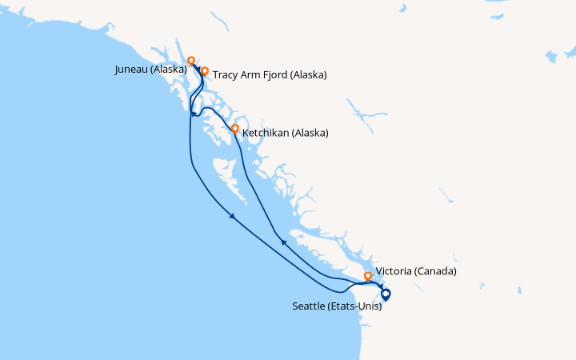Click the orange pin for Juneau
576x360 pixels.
[x=190, y=60]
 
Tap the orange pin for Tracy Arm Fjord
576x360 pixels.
[x=205, y=71]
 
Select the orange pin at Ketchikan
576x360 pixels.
[x=234, y=128]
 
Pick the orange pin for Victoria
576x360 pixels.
[x=368, y=276]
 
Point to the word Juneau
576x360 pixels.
[x=134, y=70]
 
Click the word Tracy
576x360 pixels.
[x=226, y=75]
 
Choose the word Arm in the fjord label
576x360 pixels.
[x=250, y=75]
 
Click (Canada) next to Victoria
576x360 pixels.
[x=435, y=271]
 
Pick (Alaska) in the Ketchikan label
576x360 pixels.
[x=310, y=134]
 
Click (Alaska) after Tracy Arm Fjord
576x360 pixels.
[x=309, y=75]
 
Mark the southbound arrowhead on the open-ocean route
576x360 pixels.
[x=232, y=216]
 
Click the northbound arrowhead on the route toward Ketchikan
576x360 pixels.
[x=283, y=242]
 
